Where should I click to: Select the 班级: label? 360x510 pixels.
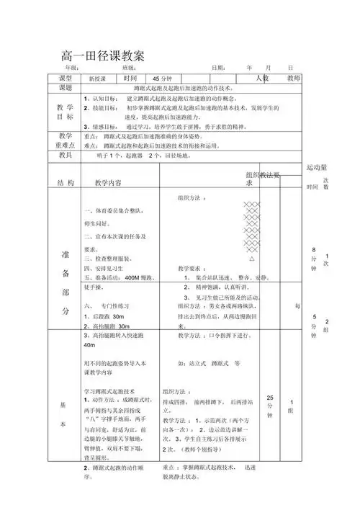pyautogui.click(x=131, y=68)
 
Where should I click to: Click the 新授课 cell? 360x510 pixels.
pyautogui.click(x=97, y=79)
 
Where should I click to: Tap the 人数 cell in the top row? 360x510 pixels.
pyautogui.click(x=263, y=78)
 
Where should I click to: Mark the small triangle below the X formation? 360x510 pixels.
pyautogui.click(x=251, y=257)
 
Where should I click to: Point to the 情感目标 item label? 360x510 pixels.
pyautogui.click(x=102, y=125)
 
